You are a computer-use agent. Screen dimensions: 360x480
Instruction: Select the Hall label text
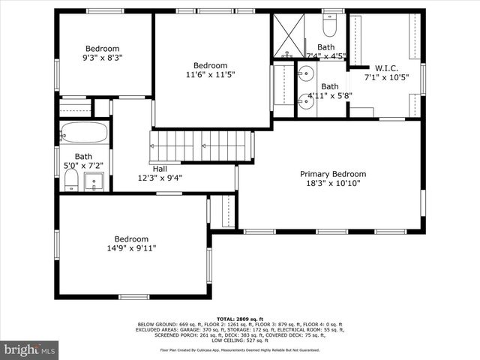pyautogui.click(x=160, y=169)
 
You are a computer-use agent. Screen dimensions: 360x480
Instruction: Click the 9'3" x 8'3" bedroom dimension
pyautogui.click(x=102, y=57)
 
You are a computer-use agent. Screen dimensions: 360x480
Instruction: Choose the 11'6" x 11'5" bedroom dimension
pyautogui.click(x=210, y=75)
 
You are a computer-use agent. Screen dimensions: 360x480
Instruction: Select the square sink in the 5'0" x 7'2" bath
pyautogui.click(x=94, y=181)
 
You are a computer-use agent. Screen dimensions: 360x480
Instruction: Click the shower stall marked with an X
pyautogui.click(x=287, y=35)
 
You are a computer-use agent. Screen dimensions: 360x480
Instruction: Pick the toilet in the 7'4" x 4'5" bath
pyautogui.click(x=329, y=26)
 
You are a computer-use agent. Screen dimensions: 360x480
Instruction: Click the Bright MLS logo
pyautogui.click(x=30, y=349)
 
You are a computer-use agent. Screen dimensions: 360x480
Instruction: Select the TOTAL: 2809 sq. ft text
pyautogui.click(x=240, y=319)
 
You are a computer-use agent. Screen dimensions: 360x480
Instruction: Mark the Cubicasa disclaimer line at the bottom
pyautogui.click(x=240, y=349)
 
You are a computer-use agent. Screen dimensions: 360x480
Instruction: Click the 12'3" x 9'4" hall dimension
pyautogui.click(x=160, y=178)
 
